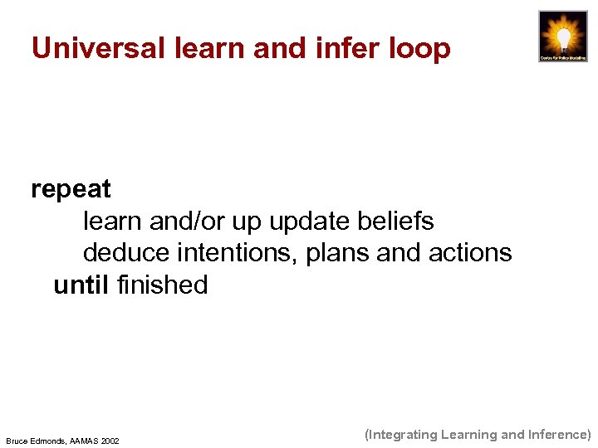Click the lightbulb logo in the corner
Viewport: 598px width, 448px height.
click(562, 37)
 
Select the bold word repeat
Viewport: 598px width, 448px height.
click(71, 190)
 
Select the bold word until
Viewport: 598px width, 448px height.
click(81, 285)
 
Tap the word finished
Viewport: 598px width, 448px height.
click(163, 285)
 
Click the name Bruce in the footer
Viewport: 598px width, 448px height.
click(17, 441)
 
